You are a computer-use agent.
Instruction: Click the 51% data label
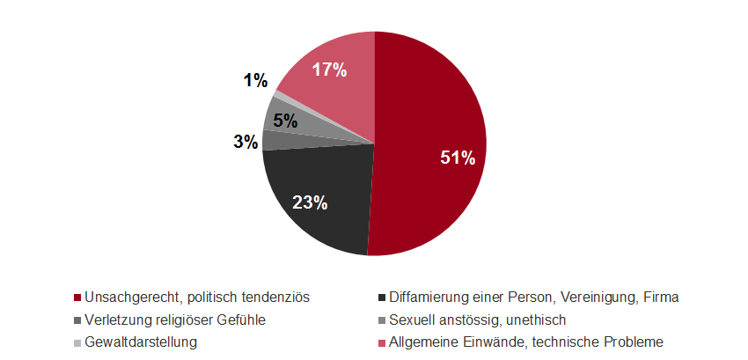click(458, 158)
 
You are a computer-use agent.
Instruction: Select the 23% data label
click(310, 202)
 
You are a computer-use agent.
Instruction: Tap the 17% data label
click(327, 70)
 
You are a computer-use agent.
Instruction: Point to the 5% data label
click(284, 121)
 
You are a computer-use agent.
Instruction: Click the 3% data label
click(246, 141)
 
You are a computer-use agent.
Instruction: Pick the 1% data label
click(255, 81)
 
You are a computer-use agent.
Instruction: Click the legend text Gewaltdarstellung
click(140, 342)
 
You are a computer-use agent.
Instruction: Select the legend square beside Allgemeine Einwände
click(379, 342)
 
